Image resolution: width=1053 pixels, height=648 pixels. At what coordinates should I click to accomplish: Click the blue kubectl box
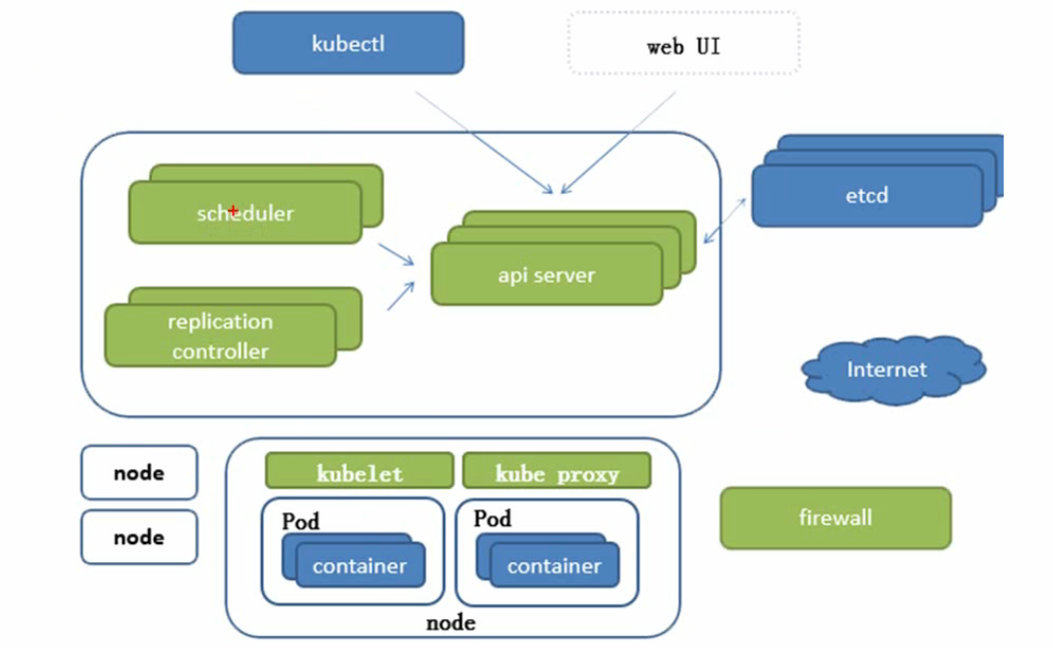[x=348, y=43]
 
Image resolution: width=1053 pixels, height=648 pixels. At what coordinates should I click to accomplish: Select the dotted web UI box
[x=683, y=43]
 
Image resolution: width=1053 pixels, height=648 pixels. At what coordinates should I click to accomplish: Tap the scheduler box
[x=245, y=213]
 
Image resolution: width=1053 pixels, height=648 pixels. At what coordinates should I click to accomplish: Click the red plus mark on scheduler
[x=233, y=211]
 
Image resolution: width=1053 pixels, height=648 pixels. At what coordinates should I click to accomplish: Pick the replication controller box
[x=220, y=335]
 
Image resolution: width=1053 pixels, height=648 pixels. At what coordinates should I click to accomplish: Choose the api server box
[x=546, y=274]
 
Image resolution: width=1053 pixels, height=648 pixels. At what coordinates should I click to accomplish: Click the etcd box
[x=867, y=196]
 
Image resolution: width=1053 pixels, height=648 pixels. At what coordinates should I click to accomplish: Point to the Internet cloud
[x=893, y=369]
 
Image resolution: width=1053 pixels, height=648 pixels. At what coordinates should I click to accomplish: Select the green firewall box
[x=835, y=518]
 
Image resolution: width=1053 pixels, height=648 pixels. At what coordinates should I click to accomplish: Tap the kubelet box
[x=360, y=470]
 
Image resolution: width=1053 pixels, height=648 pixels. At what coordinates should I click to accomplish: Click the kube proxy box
[x=556, y=470]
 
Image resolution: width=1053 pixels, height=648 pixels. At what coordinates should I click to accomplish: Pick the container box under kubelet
[x=360, y=565]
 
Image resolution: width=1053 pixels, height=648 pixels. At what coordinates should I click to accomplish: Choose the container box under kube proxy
[x=554, y=565]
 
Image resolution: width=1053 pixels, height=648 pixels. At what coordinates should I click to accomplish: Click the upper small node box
[x=139, y=472]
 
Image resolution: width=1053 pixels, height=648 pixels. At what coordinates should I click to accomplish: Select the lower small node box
[x=139, y=536]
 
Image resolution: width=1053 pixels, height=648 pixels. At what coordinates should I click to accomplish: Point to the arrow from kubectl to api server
[x=485, y=143]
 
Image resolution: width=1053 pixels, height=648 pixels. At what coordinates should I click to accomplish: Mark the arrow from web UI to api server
[x=617, y=143]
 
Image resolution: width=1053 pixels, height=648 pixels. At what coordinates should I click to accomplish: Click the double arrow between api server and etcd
[x=724, y=221]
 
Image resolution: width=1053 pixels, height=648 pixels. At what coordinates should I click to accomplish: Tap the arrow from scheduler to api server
[x=397, y=254]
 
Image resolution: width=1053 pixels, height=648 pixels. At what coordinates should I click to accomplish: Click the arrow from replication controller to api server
[x=401, y=297]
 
